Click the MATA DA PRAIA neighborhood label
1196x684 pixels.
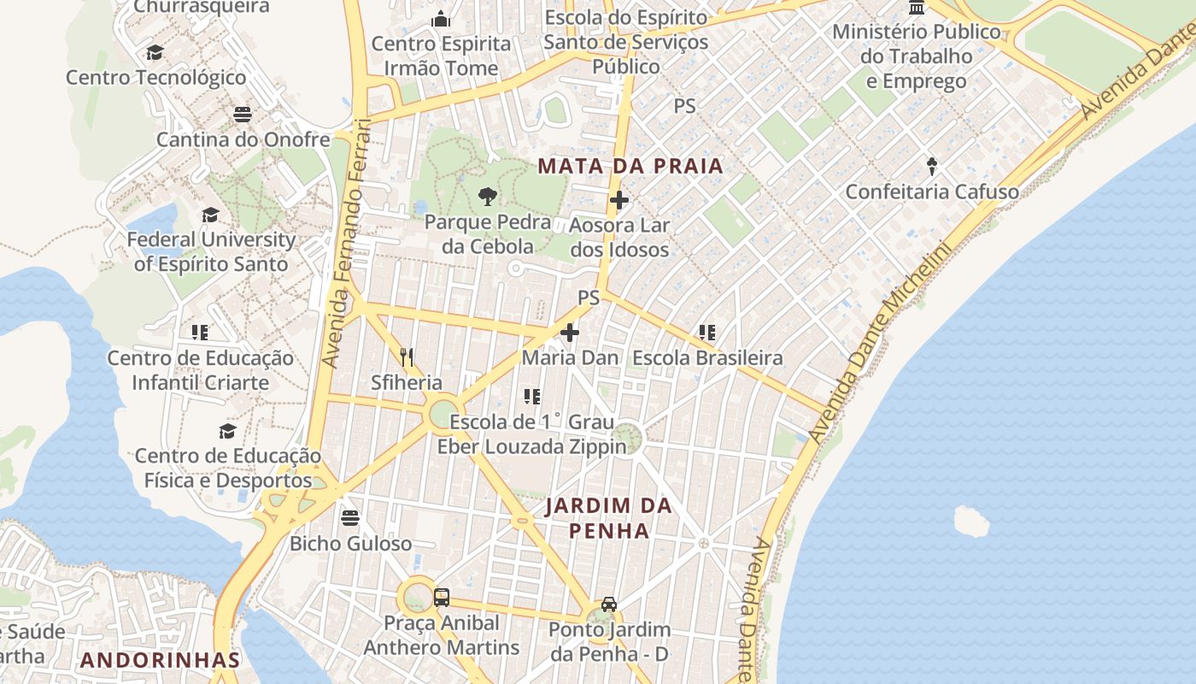pyautogui.click(x=630, y=166)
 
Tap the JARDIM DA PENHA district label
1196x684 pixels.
pyautogui.click(x=608, y=518)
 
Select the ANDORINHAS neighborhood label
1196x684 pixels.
pyautogui.click(x=161, y=660)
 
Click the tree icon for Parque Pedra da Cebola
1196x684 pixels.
pyautogui.click(x=487, y=198)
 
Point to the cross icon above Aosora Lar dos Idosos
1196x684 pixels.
pyautogui.click(x=619, y=201)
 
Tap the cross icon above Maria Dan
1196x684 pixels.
pyautogui.click(x=570, y=333)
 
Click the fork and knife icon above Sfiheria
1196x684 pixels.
pyautogui.click(x=407, y=357)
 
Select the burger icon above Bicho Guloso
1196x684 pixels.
pyautogui.click(x=349, y=517)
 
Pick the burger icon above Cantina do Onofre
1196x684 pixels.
pyautogui.click(x=243, y=114)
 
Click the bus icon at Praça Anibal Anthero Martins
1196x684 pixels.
pyautogui.click(x=442, y=598)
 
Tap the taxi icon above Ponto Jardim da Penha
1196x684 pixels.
pyautogui.click(x=608, y=604)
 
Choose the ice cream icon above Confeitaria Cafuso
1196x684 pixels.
pyautogui.click(x=932, y=166)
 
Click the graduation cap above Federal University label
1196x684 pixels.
pyautogui.click(x=210, y=215)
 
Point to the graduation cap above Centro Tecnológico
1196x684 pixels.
pyautogui.click(x=155, y=53)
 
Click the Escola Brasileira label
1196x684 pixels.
pyautogui.click(x=706, y=357)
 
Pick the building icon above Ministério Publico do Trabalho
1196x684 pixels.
pyautogui.click(x=917, y=8)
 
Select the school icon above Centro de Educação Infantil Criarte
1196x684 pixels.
pyautogui.click(x=199, y=333)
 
